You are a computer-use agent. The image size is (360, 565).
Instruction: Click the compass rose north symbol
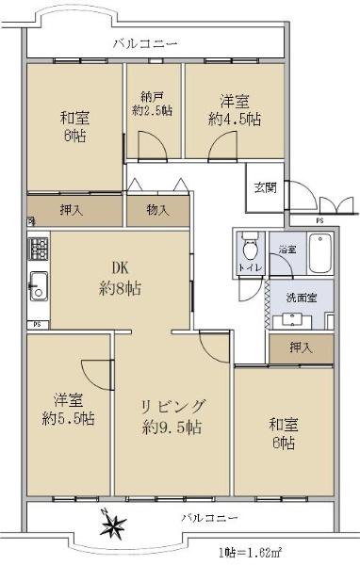[114, 524]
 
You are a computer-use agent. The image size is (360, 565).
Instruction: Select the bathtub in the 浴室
[320, 253]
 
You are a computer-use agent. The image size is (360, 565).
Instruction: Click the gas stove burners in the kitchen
[39, 249]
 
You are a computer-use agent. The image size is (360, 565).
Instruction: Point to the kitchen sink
[39, 286]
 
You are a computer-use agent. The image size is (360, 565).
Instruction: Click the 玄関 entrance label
[266, 187]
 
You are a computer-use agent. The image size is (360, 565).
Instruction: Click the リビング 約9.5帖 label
[172, 416]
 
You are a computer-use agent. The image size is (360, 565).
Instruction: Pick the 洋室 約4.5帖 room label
[235, 110]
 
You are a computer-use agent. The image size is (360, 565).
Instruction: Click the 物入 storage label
[158, 210]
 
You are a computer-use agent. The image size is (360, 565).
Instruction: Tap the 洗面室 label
[302, 298]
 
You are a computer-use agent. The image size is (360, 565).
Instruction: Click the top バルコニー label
[145, 44]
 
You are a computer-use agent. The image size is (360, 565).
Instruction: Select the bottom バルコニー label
[209, 518]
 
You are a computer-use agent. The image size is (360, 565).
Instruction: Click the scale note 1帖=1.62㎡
[250, 552]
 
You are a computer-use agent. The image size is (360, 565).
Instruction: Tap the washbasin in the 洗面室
[292, 320]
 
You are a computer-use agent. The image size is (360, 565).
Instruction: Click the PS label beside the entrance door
[319, 220]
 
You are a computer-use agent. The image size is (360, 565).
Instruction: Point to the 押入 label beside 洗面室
[301, 347]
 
